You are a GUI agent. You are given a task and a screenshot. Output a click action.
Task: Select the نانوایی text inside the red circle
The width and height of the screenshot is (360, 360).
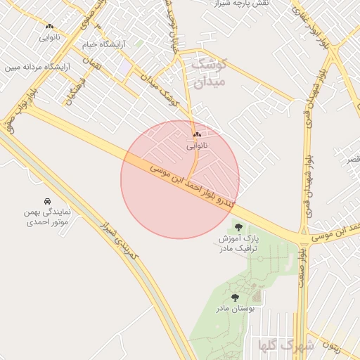point(196,147)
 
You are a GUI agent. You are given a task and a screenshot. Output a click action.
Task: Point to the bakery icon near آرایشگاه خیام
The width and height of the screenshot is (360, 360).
point(49,25)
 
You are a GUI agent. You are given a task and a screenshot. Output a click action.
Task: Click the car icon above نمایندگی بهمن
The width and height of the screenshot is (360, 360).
point(46,200)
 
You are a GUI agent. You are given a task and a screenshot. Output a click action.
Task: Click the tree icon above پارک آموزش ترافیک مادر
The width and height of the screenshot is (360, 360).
point(238,226)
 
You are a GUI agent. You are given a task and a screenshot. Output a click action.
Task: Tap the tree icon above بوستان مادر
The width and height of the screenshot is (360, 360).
point(235,298)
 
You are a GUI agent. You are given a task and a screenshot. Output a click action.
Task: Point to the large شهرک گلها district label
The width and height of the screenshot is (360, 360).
point(286,345)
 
